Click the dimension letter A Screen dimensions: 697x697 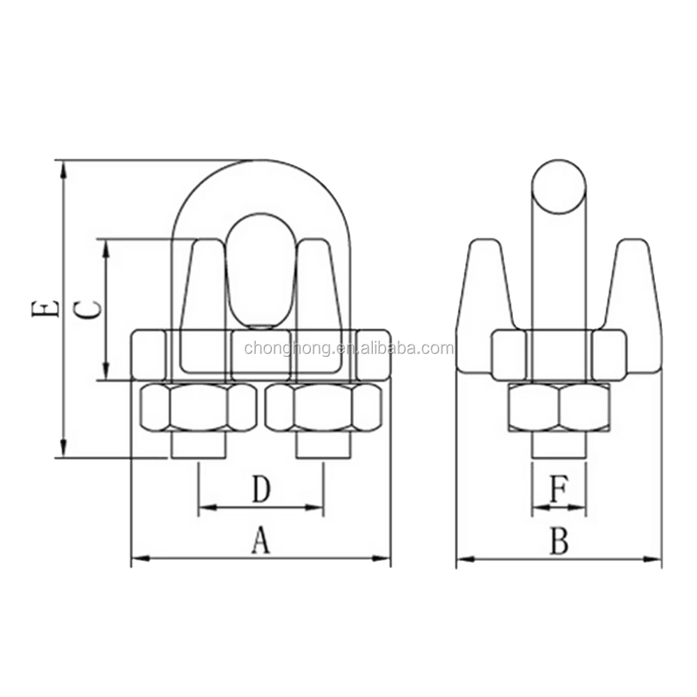(260, 541)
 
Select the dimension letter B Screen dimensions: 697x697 (559, 541)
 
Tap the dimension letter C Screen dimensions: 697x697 (88, 309)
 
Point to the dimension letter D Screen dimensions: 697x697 (260, 490)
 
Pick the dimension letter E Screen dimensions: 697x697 (45, 309)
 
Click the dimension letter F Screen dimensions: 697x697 (558, 490)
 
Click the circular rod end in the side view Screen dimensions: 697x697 (559, 186)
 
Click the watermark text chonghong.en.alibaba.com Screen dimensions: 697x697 (348, 348)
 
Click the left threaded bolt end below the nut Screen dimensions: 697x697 (199, 446)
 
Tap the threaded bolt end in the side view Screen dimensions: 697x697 (559, 446)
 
